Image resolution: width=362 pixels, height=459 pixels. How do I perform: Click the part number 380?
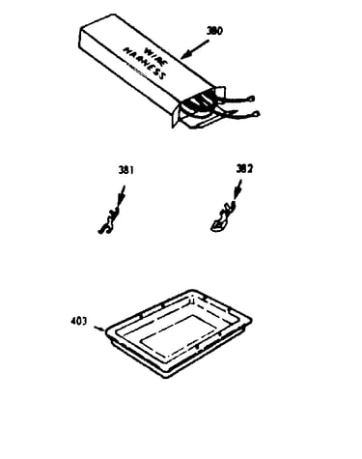pyautogui.click(x=214, y=31)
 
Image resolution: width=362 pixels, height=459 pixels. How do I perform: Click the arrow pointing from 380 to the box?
pyautogui.click(x=195, y=49)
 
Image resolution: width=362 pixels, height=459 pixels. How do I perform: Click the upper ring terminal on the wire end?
pyautogui.click(x=252, y=98)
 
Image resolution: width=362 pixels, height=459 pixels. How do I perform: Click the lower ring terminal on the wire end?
pyautogui.click(x=256, y=113)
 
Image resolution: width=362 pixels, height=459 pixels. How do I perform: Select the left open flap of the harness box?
pyautogui.click(x=176, y=114)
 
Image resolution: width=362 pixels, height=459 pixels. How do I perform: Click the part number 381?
pyautogui.click(x=126, y=170)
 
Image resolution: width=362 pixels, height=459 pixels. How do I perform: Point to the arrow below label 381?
pyautogui.click(x=121, y=196)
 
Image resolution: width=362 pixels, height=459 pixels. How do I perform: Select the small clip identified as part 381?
pyautogui.click(x=108, y=221)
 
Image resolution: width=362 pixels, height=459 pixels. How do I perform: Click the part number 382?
pyautogui.click(x=244, y=168)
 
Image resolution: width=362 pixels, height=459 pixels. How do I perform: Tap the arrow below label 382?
pyautogui.click(x=237, y=190)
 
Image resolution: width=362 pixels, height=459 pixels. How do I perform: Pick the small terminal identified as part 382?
pyautogui.click(x=223, y=216)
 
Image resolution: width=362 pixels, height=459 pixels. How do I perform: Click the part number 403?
pyautogui.click(x=79, y=321)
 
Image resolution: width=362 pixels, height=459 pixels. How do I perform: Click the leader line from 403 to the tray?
pyautogui.click(x=99, y=329)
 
